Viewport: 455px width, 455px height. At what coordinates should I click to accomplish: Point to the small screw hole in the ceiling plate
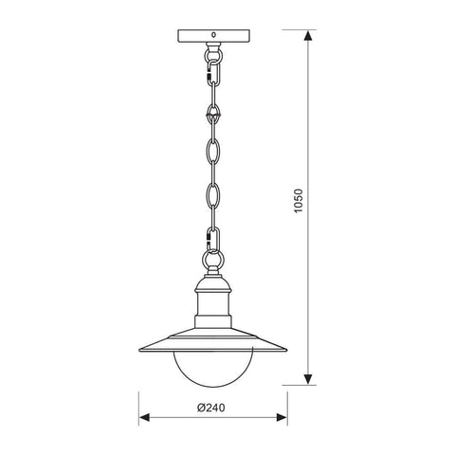[213, 35]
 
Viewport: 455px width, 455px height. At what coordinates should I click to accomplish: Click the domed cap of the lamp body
[213, 285]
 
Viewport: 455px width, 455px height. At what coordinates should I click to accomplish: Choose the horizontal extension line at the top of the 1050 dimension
[284, 31]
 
